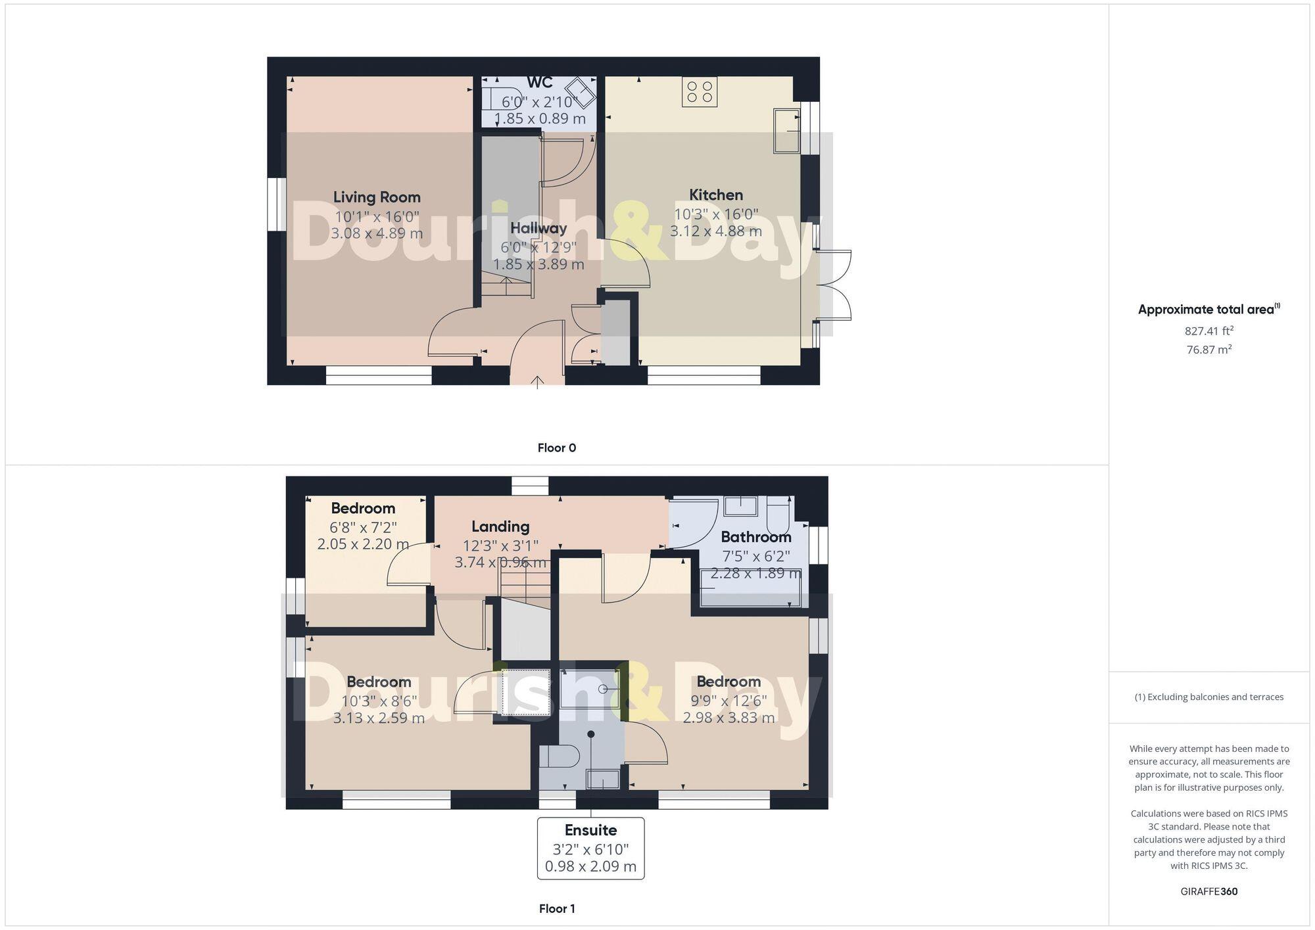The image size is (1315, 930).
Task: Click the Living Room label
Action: [x=377, y=197]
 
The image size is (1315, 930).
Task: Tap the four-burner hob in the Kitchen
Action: [x=700, y=92]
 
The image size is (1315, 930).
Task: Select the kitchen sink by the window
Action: [x=786, y=131]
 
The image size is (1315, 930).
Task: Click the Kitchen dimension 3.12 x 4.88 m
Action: [x=716, y=231]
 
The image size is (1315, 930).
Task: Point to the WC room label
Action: [x=539, y=83]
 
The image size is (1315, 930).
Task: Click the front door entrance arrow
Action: [x=537, y=381]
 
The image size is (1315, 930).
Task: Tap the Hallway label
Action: [x=538, y=228]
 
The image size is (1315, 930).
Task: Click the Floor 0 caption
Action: [x=556, y=448]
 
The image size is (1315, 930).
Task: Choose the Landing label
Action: [x=500, y=526]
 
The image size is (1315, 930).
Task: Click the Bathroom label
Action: [x=756, y=537]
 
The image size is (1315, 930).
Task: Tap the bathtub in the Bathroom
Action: [x=751, y=589]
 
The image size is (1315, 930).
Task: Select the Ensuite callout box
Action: [x=590, y=848]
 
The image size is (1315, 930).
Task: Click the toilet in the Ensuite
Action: [x=559, y=756]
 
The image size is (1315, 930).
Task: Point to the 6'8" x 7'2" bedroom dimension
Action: [x=363, y=527]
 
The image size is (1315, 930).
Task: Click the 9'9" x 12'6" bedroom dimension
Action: [x=729, y=701]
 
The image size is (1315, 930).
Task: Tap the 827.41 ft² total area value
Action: [x=1208, y=331]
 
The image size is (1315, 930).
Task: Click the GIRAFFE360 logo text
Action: [x=1208, y=892]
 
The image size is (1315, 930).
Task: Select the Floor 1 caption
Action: [x=557, y=909]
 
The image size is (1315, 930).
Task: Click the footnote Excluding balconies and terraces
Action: [x=1208, y=697]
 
